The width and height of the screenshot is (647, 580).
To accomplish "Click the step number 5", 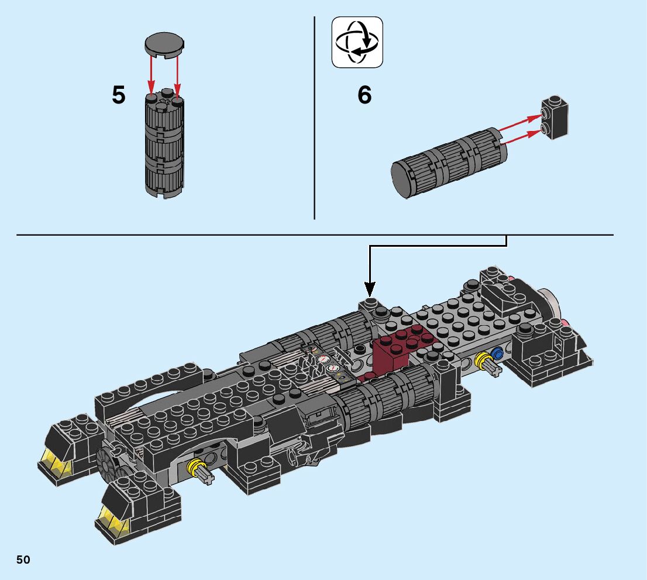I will click(119, 95).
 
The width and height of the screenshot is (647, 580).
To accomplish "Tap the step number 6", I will click(364, 95).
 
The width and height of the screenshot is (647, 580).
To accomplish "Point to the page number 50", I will click(23, 560).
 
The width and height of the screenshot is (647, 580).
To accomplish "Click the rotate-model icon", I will click(357, 42).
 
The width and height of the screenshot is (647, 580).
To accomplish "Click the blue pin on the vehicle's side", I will click(498, 354).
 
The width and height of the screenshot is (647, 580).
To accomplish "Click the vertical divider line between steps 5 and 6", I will click(315, 117).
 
